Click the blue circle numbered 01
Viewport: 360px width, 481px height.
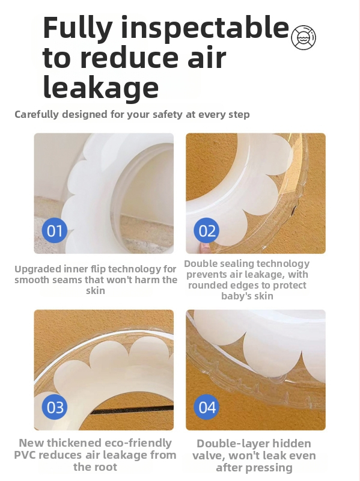[55, 230]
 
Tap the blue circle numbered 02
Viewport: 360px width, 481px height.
[206, 230]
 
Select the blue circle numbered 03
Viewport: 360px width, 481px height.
[55, 407]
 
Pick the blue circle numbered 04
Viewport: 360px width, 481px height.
[206, 407]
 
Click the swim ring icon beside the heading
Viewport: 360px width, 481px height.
[304, 37]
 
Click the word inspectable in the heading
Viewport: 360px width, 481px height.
[205, 28]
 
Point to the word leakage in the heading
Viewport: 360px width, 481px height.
[101, 87]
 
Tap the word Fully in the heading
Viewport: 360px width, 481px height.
[78, 28]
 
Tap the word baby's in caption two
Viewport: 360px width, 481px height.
[233, 296]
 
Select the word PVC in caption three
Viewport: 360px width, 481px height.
[25, 455]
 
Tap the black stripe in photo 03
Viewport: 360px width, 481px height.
[132, 409]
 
